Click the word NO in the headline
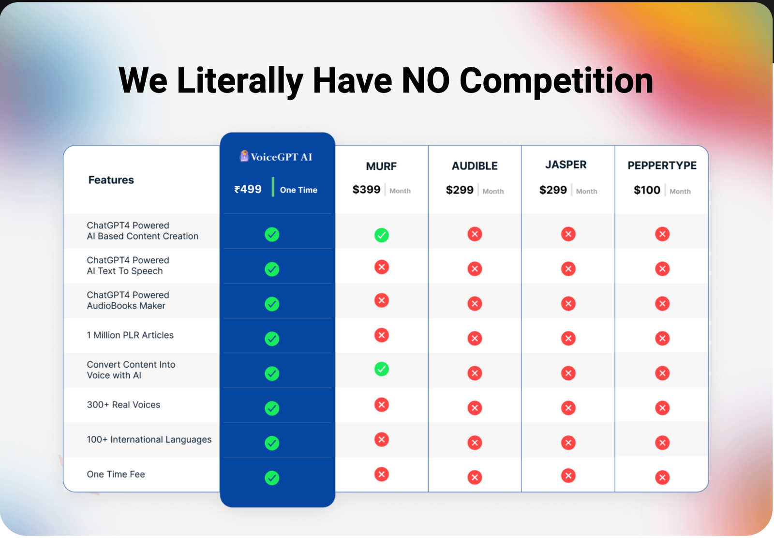426,81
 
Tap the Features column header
111,180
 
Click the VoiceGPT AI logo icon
244,156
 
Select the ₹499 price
248,189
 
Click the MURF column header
381,166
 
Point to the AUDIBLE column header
475,166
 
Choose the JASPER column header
566,165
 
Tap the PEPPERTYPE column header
662,165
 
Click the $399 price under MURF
366,190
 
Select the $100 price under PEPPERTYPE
647,190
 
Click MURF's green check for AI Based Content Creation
382,235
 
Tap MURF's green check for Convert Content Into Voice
382,369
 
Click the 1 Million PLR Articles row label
130,335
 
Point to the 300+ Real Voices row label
123,404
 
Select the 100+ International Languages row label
149,439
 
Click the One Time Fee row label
116,475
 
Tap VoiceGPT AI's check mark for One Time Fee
272,478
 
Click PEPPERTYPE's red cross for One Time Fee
662,478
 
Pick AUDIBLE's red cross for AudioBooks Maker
475,304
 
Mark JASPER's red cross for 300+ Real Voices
568,408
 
